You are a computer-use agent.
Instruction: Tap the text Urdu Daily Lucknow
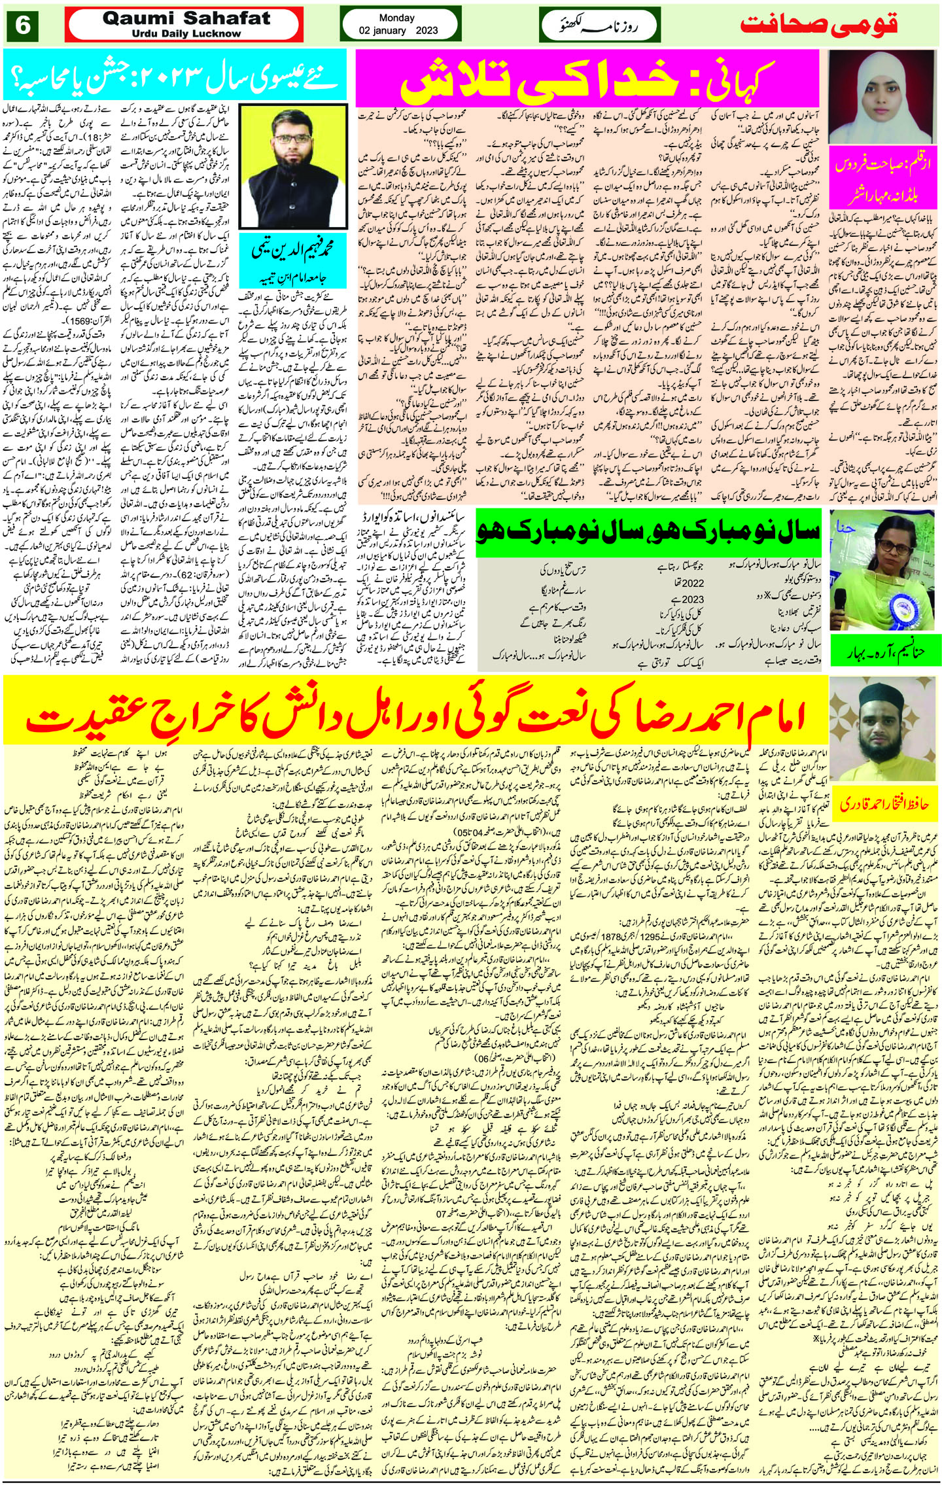click(186, 33)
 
